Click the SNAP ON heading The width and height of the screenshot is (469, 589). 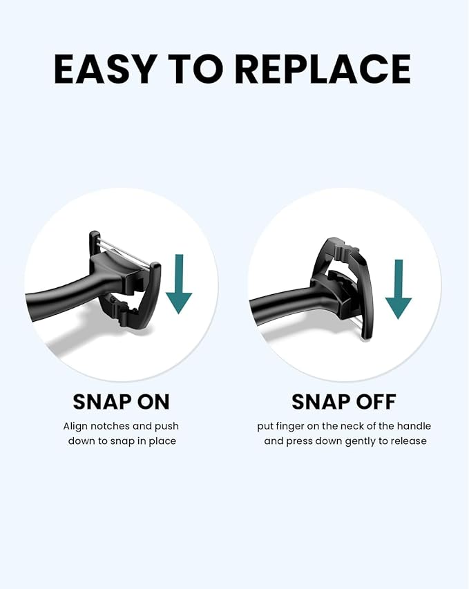[x=121, y=401]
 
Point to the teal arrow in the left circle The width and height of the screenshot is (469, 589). [x=179, y=283]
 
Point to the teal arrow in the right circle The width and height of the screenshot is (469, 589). [x=398, y=289]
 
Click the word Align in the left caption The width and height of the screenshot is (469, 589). [x=75, y=426]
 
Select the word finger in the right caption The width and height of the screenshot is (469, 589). [x=289, y=426]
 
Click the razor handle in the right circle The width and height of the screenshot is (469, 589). [x=276, y=304]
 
